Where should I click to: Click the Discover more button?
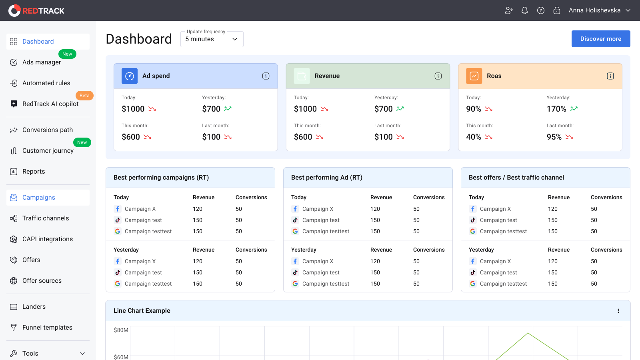(600, 39)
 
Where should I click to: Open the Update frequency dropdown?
(212, 39)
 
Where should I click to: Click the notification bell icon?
(524, 10)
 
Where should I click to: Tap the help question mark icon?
(540, 10)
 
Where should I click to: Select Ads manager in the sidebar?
(42, 62)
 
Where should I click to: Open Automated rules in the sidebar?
(46, 83)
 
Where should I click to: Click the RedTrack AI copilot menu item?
(50, 104)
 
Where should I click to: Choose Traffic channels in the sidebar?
(46, 218)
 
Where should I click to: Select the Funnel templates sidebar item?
(47, 328)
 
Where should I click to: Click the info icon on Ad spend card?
(266, 76)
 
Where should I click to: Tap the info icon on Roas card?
(610, 76)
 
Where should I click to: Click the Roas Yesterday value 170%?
(556, 109)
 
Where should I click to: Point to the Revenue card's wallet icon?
(302, 76)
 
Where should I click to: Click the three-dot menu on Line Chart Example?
(618, 311)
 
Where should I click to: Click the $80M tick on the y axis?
(121, 330)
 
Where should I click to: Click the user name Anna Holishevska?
(594, 10)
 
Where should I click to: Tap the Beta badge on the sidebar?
(84, 96)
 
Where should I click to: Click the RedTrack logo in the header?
(36, 10)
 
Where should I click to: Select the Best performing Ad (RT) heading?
(326, 178)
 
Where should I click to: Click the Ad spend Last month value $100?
(211, 137)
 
